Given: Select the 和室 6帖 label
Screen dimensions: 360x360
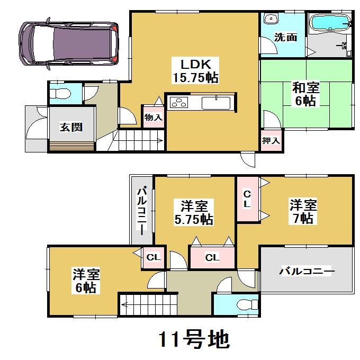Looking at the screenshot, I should pyautogui.click(x=305, y=94).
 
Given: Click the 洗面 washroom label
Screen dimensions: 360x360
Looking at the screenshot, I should pyautogui.click(x=285, y=38).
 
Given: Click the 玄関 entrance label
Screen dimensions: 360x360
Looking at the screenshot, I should pyautogui.click(x=70, y=127).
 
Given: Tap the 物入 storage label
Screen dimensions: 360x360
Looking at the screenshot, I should pyautogui.click(x=153, y=118).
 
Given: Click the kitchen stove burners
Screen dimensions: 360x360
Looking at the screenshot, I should pyautogui.click(x=179, y=103).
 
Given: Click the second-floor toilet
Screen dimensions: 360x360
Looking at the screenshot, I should pyautogui.click(x=244, y=305).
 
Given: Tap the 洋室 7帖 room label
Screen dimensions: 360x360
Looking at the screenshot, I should pyautogui.click(x=303, y=211).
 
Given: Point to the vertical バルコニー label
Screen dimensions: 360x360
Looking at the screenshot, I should pyautogui.click(x=142, y=210).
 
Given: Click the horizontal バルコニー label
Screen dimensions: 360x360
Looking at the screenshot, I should pyautogui.click(x=307, y=272).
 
